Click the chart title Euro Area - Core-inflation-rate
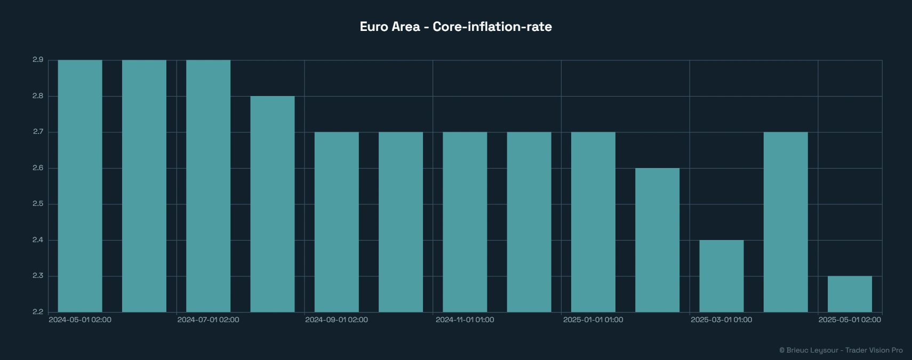coord(455,27)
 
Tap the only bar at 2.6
coord(657,240)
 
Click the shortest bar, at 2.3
coord(850,294)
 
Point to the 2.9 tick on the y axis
coord(38,60)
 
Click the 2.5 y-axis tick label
coord(38,204)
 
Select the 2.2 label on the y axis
coord(38,312)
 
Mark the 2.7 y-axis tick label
coord(38,132)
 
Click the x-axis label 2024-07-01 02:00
coord(208,320)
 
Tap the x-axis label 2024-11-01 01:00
coord(465,320)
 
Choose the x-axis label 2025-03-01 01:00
coord(721,320)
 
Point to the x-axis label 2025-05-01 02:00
coord(850,320)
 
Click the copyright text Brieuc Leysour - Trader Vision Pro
coord(841,350)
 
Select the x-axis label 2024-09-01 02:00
coord(337,320)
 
